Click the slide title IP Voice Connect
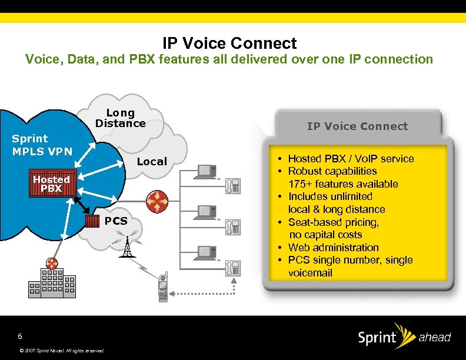point(229,44)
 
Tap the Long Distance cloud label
point(120,118)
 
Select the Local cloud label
point(152,162)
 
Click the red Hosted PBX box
point(51,184)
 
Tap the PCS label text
point(116,221)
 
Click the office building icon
point(53,282)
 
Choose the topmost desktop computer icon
point(207,171)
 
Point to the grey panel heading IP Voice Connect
point(357,126)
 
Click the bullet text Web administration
point(333,248)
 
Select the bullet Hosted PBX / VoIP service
point(351,159)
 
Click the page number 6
point(20,336)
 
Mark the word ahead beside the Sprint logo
point(434,338)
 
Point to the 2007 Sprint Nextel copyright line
point(62,351)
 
